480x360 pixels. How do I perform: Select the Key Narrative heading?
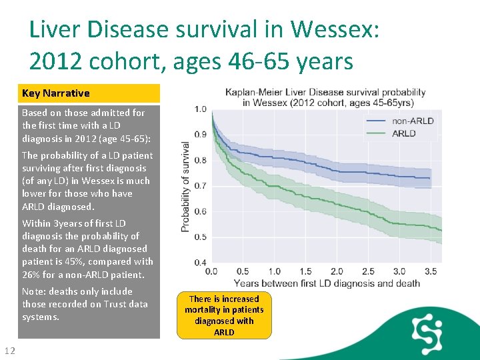click(56, 93)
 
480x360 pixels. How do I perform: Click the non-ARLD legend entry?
click(413, 121)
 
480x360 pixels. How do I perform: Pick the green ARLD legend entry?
click(404, 133)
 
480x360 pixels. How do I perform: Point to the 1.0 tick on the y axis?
click(199, 109)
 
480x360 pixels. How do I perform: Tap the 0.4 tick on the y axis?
click(199, 263)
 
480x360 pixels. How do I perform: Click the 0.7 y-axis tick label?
click(199, 185)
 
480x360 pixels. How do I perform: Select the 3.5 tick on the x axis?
click(430, 272)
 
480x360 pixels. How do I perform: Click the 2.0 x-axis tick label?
click(337, 272)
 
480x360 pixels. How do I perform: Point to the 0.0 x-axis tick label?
click(211, 272)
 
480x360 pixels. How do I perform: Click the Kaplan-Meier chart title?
click(325, 97)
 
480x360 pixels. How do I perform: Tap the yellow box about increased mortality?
click(224, 315)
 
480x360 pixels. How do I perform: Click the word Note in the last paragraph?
click(33, 291)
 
